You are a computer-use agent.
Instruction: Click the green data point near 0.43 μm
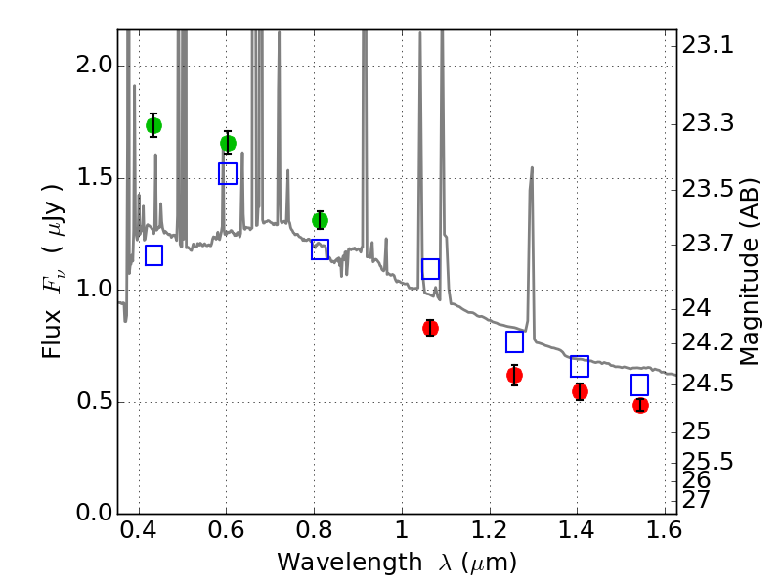(153, 125)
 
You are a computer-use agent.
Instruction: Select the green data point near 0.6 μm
(228, 143)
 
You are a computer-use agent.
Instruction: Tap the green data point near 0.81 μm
(320, 220)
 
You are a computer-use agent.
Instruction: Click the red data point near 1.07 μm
(430, 328)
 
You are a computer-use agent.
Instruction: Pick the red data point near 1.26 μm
(514, 375)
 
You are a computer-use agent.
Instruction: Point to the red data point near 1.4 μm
(580, 391)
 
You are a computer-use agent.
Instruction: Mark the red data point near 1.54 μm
(640, 405)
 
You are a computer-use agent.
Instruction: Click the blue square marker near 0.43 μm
(153, 255)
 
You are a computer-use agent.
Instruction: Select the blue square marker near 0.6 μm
(228, 174)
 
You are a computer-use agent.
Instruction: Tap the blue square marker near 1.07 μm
(430, 269)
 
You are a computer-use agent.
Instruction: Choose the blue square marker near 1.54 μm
(640, 384)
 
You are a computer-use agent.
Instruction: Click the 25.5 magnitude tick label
(716, 460)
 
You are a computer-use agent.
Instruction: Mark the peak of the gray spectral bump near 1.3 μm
(532, 167)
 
